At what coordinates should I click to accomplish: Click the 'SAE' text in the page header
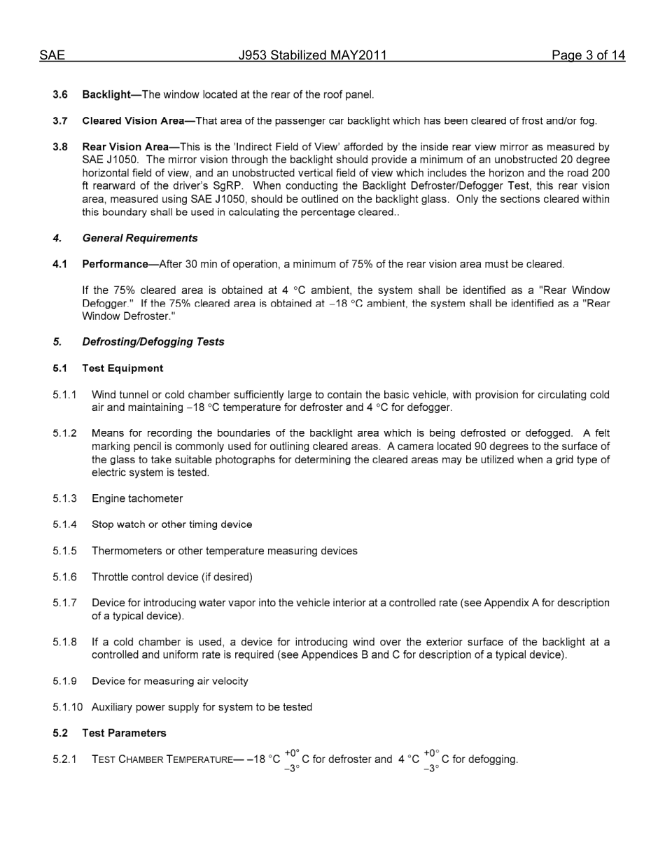coord(52,55)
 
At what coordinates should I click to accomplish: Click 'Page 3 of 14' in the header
coord(587,55)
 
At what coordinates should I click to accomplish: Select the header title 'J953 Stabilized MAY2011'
coord(312,55)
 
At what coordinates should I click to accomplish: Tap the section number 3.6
coord(60,94)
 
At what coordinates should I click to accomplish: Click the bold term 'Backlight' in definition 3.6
coord(106,94)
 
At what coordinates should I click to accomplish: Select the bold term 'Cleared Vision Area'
coord(133,120)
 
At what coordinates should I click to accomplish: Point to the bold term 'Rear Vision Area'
coord(125,147)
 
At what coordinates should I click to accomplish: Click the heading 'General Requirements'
coord(140,238)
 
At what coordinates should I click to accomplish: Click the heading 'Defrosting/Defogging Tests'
coord(153,342)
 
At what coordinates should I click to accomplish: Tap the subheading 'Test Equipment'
coord(122,368)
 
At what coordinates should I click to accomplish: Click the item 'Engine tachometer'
coord(137,498)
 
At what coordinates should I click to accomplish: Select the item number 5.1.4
coord(64,524)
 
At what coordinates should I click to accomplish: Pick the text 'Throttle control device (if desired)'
coord(172,577)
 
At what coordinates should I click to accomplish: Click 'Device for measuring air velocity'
coord(170,681)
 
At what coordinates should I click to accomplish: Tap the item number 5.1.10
coord(67,707)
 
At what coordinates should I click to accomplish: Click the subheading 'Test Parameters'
coord(124,733)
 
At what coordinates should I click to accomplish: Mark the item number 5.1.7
coord(64,603)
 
